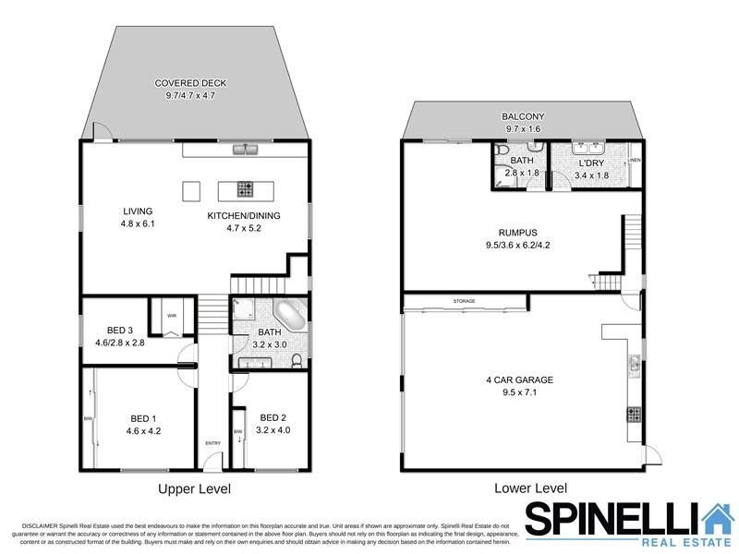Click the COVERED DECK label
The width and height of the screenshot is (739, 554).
pyautogui.click(x=190, y=83)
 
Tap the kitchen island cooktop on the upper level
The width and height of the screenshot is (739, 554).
pyautogui.click(x=246, y=190)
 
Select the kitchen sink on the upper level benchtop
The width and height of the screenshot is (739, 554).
pyautogui.click(x=245, y=148)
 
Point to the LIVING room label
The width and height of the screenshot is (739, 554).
pyautogui.click(x=137, y=211)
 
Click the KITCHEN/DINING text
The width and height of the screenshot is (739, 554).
pyautogui.click(x=243, y=216)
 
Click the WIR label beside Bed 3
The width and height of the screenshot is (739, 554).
pyautogui.click(x=172, y=315)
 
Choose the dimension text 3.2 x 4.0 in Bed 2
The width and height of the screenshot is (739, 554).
pyautogui.click(x=274, y=429)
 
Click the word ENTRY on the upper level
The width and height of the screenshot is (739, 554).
pyautogui.click(x=213, y=443)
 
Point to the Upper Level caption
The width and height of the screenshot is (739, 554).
pyautogui.click(x=194, y=488)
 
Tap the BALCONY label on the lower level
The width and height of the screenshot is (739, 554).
pyautogui.click(x=522, y=116)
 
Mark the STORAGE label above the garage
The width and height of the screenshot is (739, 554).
pyautogui.click(x=464, y=301)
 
